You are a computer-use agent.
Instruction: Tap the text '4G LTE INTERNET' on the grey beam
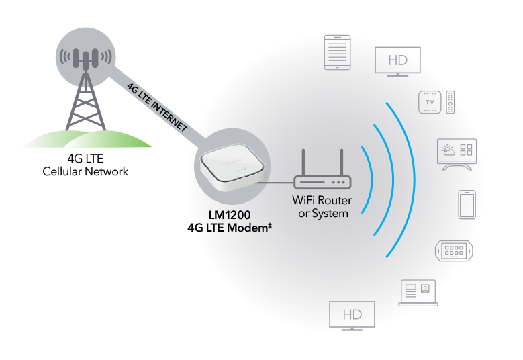click(157, 106)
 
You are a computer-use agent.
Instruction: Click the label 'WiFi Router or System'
click(321, 207)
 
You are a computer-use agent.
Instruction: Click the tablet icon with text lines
click(338, 52)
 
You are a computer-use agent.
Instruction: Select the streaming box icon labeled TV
click(429, 101)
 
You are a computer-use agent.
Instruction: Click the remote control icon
click(451, 101)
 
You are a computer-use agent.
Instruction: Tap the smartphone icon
click(467, 204)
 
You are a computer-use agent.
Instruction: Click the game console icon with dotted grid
click(455, 251)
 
